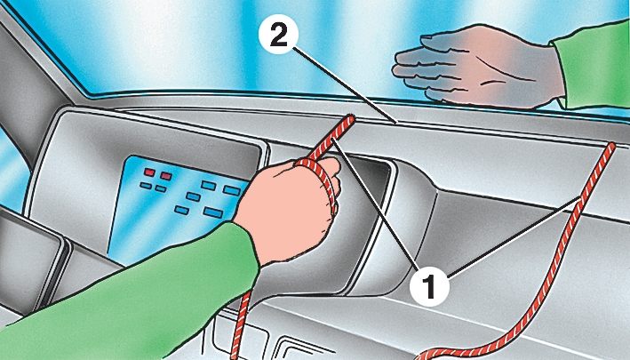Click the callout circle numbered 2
(278, 35)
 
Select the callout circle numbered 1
(429, 286)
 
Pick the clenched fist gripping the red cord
(289, 209)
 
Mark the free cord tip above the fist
(350, 118)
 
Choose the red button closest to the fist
(166, 176)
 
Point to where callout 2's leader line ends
(397, 122)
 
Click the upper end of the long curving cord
(611, 146)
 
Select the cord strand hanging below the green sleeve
(240, 325)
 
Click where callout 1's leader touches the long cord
(579, 199)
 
